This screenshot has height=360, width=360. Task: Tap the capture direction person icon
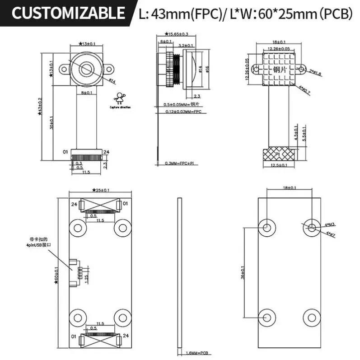pyautogui.click(x=120, y=98)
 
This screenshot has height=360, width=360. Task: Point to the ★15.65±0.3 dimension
pyautogui.click(x=177, y=34)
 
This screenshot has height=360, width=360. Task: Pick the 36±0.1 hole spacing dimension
pyautogui.click(x=243, y=271)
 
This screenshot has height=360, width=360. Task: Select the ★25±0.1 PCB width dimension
pyautogui.click(x=101, y=190)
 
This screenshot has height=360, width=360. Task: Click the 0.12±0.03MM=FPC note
pyautogui.click(x=182, y=111)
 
